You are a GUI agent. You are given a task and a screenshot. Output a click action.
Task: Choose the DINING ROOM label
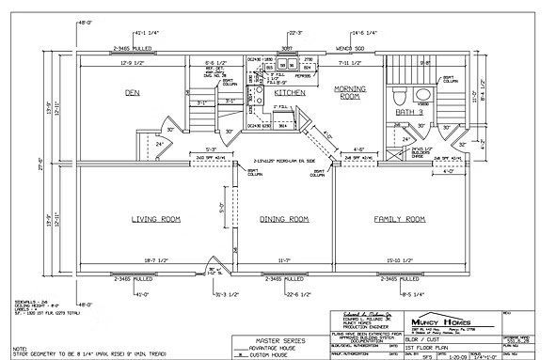pyautogui.click(x=284, y=219)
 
